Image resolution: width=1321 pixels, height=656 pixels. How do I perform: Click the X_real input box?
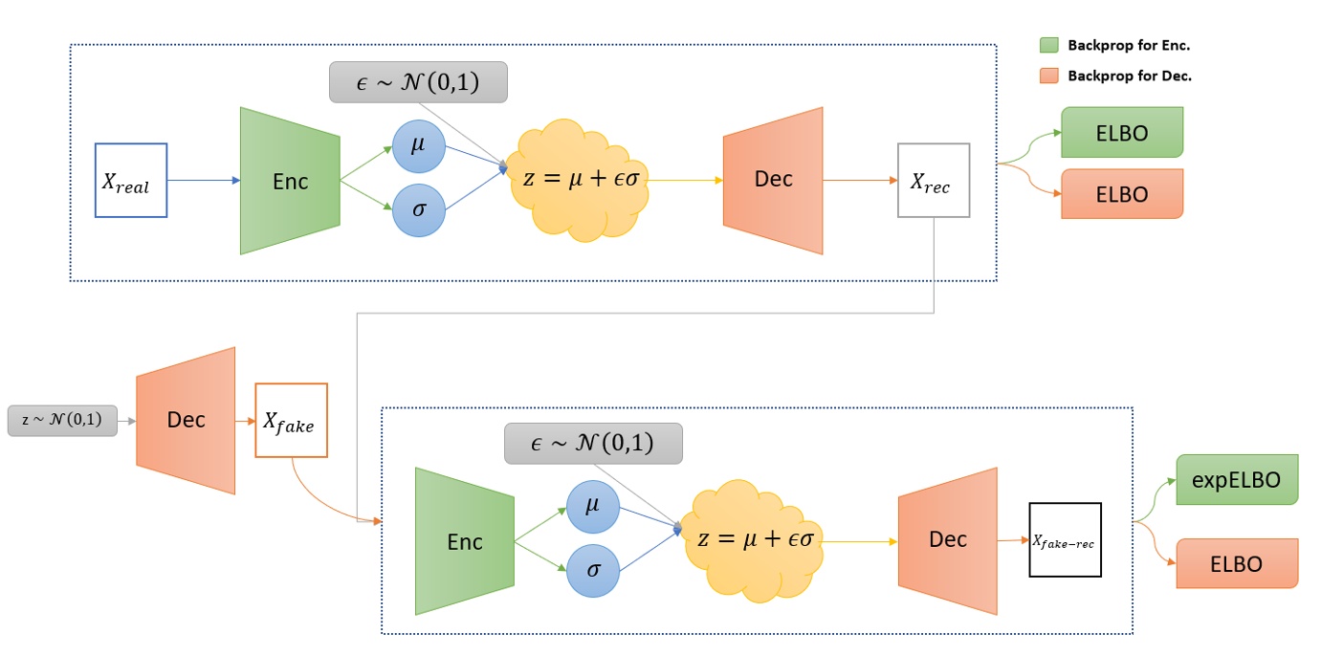click(x=131, y=180)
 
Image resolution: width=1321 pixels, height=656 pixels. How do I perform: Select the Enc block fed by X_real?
click(x=290, y=181)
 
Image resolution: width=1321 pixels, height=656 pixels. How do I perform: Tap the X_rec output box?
click(x=933, y=180)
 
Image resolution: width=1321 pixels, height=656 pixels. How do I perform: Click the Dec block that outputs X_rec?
click(x=773, y=180)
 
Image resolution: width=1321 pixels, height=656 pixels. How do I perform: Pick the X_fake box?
click(x=291, y=420)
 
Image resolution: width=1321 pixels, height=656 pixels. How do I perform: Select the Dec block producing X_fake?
click(x=186, y=421)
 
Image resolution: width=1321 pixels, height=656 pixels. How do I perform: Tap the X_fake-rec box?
click(x=1065, y=539)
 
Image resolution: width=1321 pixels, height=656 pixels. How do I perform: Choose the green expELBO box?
click(x=1237, y=480)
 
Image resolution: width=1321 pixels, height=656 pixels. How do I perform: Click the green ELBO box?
click(x=1122, y=132)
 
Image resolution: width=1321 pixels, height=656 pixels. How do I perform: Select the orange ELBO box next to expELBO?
click(x=1237, y=563)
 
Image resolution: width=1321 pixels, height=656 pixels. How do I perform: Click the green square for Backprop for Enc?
click(x=1049, y=45)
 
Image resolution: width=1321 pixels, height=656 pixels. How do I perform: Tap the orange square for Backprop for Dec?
click(x=1049, y=76)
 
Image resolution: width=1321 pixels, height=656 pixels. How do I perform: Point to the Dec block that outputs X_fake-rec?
click(x=947, y=540)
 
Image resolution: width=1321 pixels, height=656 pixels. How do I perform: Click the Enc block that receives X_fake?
click(x=465, y=541)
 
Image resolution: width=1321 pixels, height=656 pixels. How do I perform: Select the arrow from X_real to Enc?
click(x=204, y=180)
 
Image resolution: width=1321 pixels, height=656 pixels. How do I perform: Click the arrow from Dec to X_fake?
click(x=245, y=420)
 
